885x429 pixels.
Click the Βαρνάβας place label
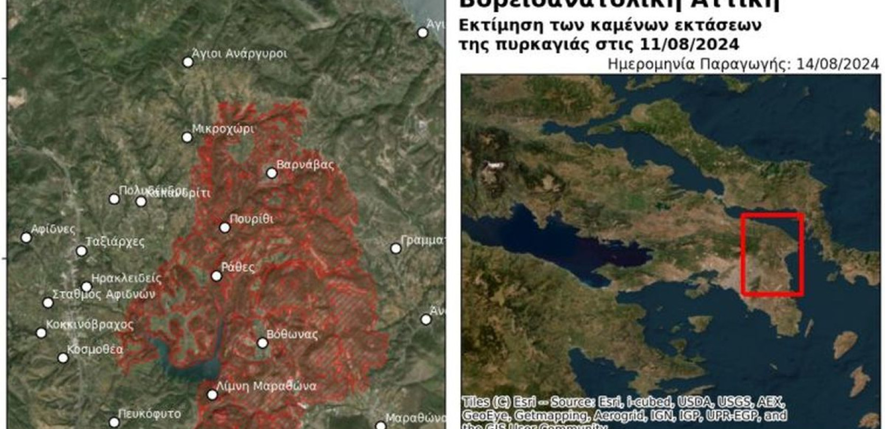[x=305, y=165]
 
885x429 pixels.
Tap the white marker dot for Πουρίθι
[x=225, y=228]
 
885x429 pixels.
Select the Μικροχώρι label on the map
[x=223, y=129]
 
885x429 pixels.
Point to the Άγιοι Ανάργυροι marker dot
[x=188, y=62]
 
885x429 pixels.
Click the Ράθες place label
[x=238, y=267]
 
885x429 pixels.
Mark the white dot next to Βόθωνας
[x=262, y=343]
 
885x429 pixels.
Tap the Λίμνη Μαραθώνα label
[x=266, y=386]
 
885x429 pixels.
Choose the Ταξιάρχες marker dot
[x=82, y=251]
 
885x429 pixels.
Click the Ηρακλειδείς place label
[x=127, y=278]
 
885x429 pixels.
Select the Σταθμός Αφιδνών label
[x=103, y=294]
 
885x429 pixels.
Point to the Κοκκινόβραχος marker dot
[x=41, y=333]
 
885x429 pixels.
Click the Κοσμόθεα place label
[x=95, y=350]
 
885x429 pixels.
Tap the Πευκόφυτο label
[x=149, y=414]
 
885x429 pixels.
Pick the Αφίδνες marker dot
[x=26, y=238]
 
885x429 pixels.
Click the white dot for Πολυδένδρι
[x=114, y=199]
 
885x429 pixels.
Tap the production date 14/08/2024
[x=838, y=64]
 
